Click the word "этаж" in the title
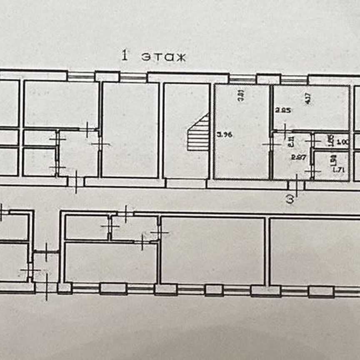pos(163,57)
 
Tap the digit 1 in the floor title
pos(124,56)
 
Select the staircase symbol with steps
pos(198,133)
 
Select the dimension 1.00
pos(342,142)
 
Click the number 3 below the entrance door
pos(290,199)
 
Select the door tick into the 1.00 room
pos(312,141)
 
